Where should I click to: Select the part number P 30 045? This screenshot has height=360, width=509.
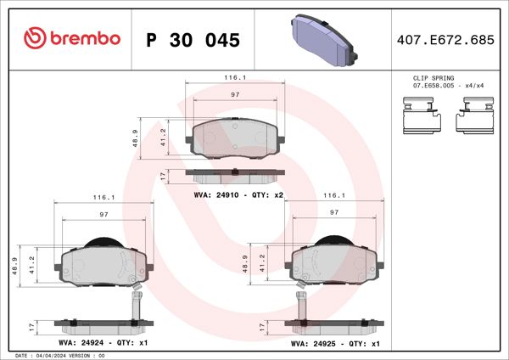pos(193,40)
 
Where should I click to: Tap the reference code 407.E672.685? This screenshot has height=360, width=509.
pos(445,40)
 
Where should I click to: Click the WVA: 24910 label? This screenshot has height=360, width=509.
pos(217,195)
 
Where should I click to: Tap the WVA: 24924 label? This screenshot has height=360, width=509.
pos(79,343)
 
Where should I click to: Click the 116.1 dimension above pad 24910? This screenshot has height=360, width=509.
pos(235,78)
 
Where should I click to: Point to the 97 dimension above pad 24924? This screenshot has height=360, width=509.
pos(103,215)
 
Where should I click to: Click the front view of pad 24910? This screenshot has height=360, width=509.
pos(235,138)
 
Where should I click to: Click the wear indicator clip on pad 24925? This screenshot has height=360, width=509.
pos(301,303)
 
